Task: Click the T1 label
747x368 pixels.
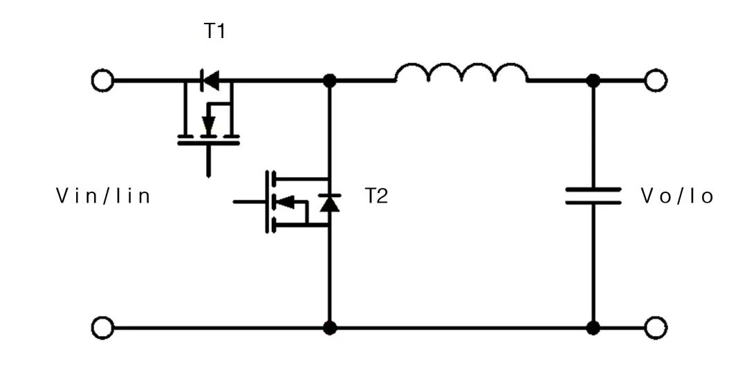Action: click(215, 32)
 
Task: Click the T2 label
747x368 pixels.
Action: click(376, 196)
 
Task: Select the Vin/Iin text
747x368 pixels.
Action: click(103, 196)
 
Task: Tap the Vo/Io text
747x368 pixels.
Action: click(677, 196)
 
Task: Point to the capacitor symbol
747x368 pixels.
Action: click(593, 196)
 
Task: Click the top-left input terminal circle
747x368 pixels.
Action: click(102, 81)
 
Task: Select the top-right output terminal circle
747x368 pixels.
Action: click(655, 81)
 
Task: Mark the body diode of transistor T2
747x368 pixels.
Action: click(329, 203)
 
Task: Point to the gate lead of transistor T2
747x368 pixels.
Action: click(249, 202)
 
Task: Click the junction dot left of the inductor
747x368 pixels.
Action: click(330, 81)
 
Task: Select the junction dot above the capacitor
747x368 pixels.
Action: click(593, 81)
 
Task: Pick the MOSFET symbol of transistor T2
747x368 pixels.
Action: click(290, 202)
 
